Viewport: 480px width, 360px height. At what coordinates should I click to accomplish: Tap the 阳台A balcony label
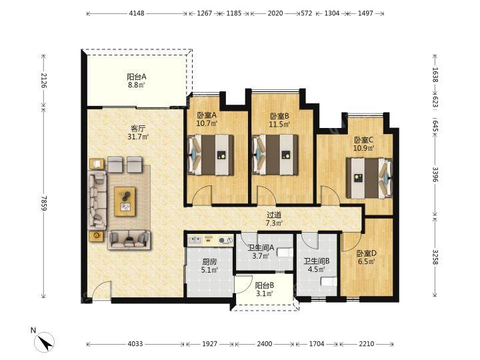click(136, 77)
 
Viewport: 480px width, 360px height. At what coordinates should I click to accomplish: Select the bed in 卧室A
click(210, 155)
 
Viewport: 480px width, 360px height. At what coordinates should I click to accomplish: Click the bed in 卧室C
click(369, 178)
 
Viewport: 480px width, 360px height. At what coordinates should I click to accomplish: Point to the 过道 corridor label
click(274, 215)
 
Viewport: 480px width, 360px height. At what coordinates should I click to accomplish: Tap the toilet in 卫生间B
click(329, 281)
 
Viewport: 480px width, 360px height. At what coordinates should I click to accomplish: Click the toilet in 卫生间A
click(285, 253)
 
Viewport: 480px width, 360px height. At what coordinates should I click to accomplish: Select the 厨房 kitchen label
click(209, 262)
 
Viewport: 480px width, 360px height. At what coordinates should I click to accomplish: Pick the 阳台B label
click(265, 285)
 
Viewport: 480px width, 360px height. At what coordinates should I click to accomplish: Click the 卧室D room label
click(367, 253)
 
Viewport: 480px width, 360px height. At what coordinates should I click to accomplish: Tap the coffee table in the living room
click(125, 201)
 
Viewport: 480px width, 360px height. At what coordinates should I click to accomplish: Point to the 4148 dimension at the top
click(137, 13)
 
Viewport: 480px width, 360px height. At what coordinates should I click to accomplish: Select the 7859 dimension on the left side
click(43, 203)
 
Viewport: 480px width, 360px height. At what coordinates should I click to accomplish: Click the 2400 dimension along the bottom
click(264, 344)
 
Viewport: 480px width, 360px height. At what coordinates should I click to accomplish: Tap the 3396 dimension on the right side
click(435, 174)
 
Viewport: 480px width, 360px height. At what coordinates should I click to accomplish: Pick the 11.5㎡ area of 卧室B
click(279, 124)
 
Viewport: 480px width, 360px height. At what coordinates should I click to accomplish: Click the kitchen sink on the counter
click(195, 240)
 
